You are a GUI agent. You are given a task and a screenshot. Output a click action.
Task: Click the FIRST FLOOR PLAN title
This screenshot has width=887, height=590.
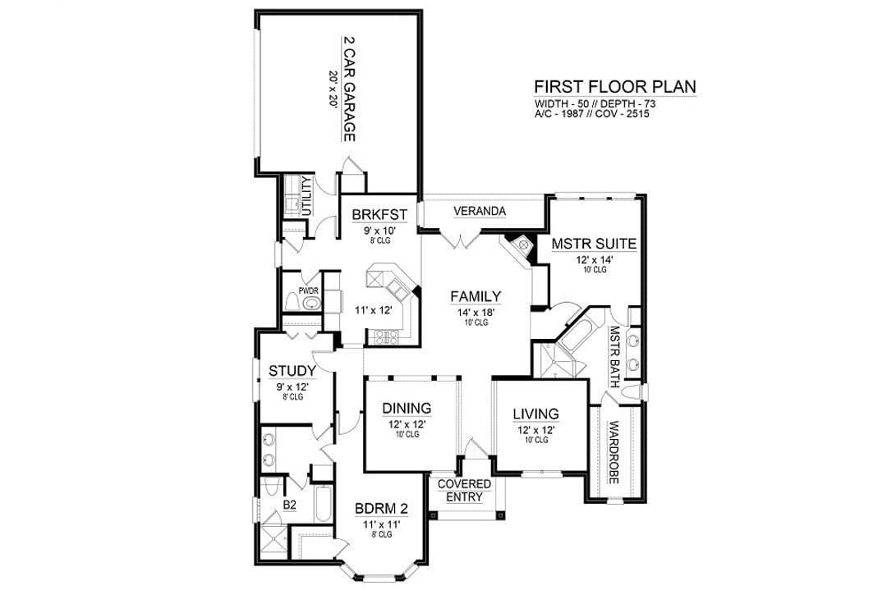point(615,87)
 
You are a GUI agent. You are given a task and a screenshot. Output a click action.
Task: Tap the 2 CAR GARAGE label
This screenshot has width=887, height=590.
point(350,89)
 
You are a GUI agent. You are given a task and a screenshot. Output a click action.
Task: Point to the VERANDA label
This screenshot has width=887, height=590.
point(480,212)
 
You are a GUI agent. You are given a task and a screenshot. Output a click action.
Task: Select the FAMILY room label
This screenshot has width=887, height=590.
point(476,296)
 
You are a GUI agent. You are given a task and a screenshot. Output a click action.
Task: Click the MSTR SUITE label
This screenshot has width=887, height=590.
point(594,245)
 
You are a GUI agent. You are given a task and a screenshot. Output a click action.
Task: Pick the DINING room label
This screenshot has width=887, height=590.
point(407,408)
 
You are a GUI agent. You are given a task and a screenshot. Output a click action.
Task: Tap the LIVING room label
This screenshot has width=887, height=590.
point(535,414)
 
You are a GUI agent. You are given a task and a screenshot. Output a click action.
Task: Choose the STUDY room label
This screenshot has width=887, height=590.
point(292,371)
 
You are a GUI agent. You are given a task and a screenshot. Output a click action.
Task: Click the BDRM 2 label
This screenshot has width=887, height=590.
point(381,509)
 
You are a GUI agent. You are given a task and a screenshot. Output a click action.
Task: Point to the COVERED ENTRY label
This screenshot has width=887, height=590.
point(464,491)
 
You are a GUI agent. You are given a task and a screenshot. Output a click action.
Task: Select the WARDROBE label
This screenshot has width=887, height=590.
point(614,452)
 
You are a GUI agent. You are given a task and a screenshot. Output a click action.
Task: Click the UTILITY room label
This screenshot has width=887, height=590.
point(306,196)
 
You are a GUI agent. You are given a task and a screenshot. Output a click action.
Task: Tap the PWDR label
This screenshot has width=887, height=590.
point(309,290)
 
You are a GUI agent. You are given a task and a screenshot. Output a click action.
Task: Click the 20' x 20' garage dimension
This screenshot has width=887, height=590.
point(333,89)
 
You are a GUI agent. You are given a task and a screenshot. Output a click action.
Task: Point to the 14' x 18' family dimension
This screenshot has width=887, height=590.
point(476,313)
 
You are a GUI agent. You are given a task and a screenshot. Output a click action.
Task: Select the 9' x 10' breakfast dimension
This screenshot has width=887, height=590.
point(379,231)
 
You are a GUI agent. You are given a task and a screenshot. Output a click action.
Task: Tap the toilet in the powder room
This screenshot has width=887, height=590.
point(292,302)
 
